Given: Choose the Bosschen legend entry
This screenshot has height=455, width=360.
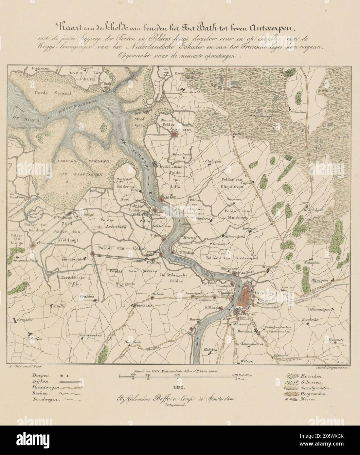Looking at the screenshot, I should coord(310,376).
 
